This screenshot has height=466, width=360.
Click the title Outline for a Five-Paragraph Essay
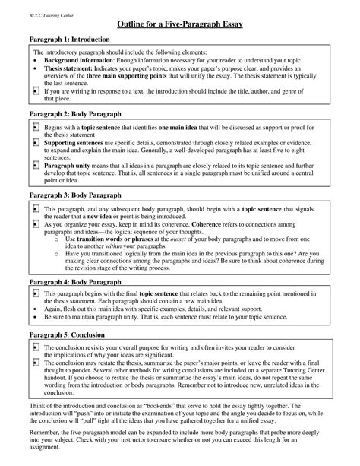tap(179, 25)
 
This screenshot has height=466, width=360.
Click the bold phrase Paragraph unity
tap(70, 164)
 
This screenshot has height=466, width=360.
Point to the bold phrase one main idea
tap(186, 127)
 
